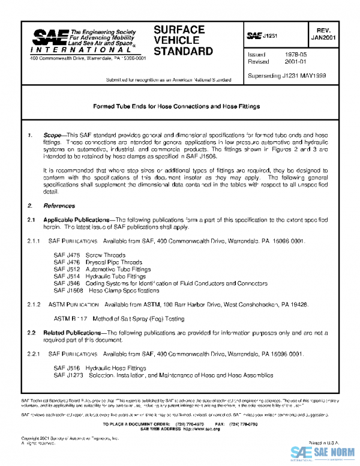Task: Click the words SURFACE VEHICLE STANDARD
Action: pyautogui.click(x=182, y=40)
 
